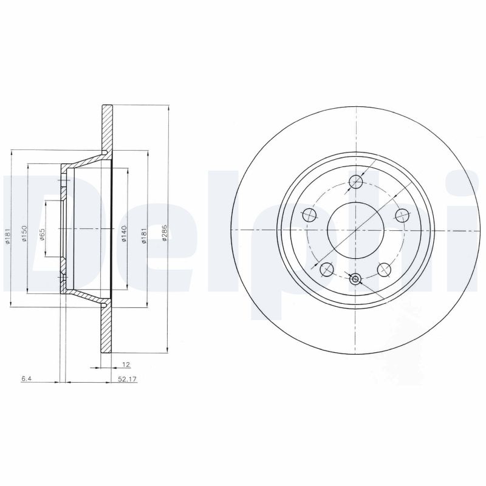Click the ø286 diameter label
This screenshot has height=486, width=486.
tap(164, 233)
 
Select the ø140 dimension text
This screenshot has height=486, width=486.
tap(124, 234)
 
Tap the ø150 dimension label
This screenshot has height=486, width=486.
tap(24, 234)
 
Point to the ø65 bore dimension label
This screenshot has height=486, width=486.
tap(43, 234)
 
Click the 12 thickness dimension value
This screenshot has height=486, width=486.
tap(126, 364)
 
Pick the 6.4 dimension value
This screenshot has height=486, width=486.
tap(26, 378)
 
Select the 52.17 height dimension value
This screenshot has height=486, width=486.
tap(128, 378)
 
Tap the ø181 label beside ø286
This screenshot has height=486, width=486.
tap(144, 235)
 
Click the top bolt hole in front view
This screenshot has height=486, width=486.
tap(355, 181)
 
